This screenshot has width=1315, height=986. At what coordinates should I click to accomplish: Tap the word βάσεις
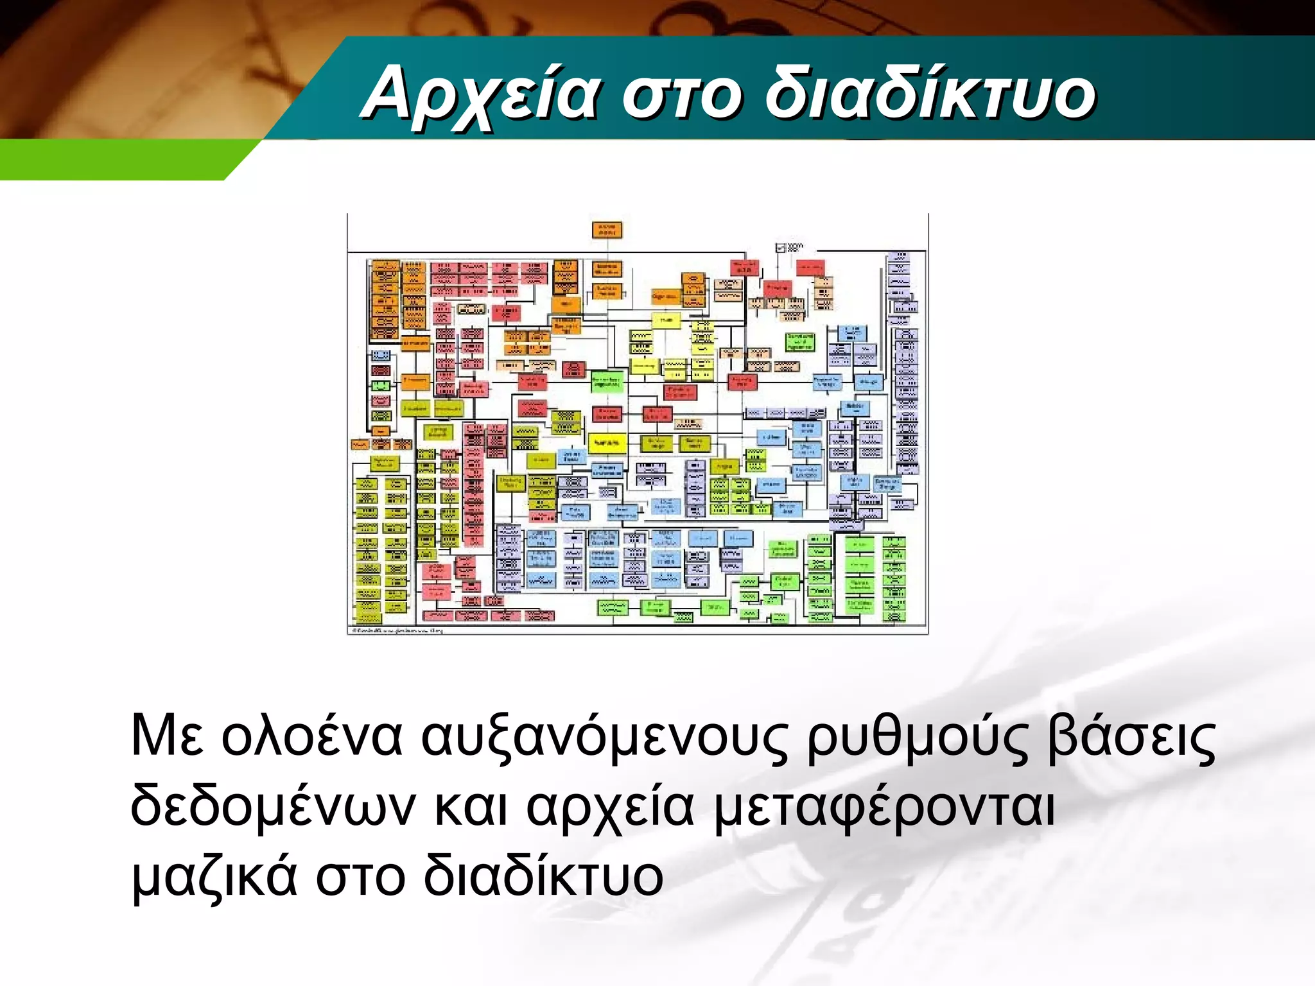pyautogui.click(x=1131, y=737)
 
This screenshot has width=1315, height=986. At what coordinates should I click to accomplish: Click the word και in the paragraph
pyautogui.click(x=471, y=806)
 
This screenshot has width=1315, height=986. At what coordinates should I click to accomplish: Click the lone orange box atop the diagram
pyautogui.click(x=607, y=230)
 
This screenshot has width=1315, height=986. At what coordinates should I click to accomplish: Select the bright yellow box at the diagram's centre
pyautogui.click(x=607, y=442)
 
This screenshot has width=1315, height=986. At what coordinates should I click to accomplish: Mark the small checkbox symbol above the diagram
pyautogui.click(x=781, y=248)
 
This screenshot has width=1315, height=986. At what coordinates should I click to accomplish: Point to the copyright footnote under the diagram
pyautogui.click(x=397, y=631)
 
